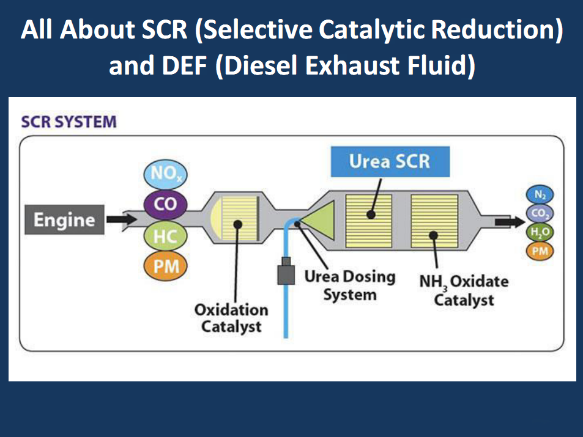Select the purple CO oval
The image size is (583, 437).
[x=165, y=204]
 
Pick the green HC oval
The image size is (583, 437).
[x=165, y=236]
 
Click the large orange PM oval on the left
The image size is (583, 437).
[x=165, y=266]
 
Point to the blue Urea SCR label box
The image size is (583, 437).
[x=390, y=161]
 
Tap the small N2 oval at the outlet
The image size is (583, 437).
[x=540, y=195]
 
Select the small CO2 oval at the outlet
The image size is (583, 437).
[x=540, y=213]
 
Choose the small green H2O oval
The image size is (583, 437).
[x=540, y=232]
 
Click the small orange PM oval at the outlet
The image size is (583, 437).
[x=540, y=251]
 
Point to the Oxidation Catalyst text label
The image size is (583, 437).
[x=231, y=318]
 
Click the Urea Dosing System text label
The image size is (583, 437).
[x=350, y=285]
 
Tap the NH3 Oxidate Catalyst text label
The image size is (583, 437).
[x=464, y=291]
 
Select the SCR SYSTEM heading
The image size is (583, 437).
[x=69, y=122]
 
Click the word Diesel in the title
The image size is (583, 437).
[x=251, y=66]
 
